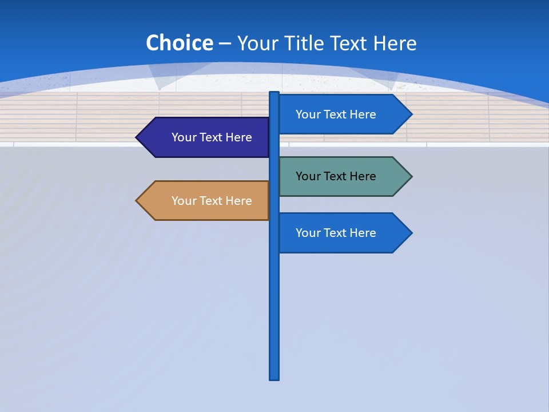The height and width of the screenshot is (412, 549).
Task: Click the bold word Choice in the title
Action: click(x=179, y=43)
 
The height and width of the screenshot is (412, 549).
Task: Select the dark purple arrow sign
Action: click(x=206, y=137)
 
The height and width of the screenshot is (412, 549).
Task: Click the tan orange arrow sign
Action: click(x=206, y=201)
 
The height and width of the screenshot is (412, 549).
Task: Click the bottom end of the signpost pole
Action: click(x=274, y=377)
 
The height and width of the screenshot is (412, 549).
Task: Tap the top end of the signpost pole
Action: click(x=274, y=94)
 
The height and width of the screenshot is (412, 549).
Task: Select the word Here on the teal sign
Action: click(x=362, y=176)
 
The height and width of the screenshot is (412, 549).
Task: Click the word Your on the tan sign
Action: click(x=184, y=201)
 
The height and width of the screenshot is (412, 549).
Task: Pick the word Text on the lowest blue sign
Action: click(x=336, y=233)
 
